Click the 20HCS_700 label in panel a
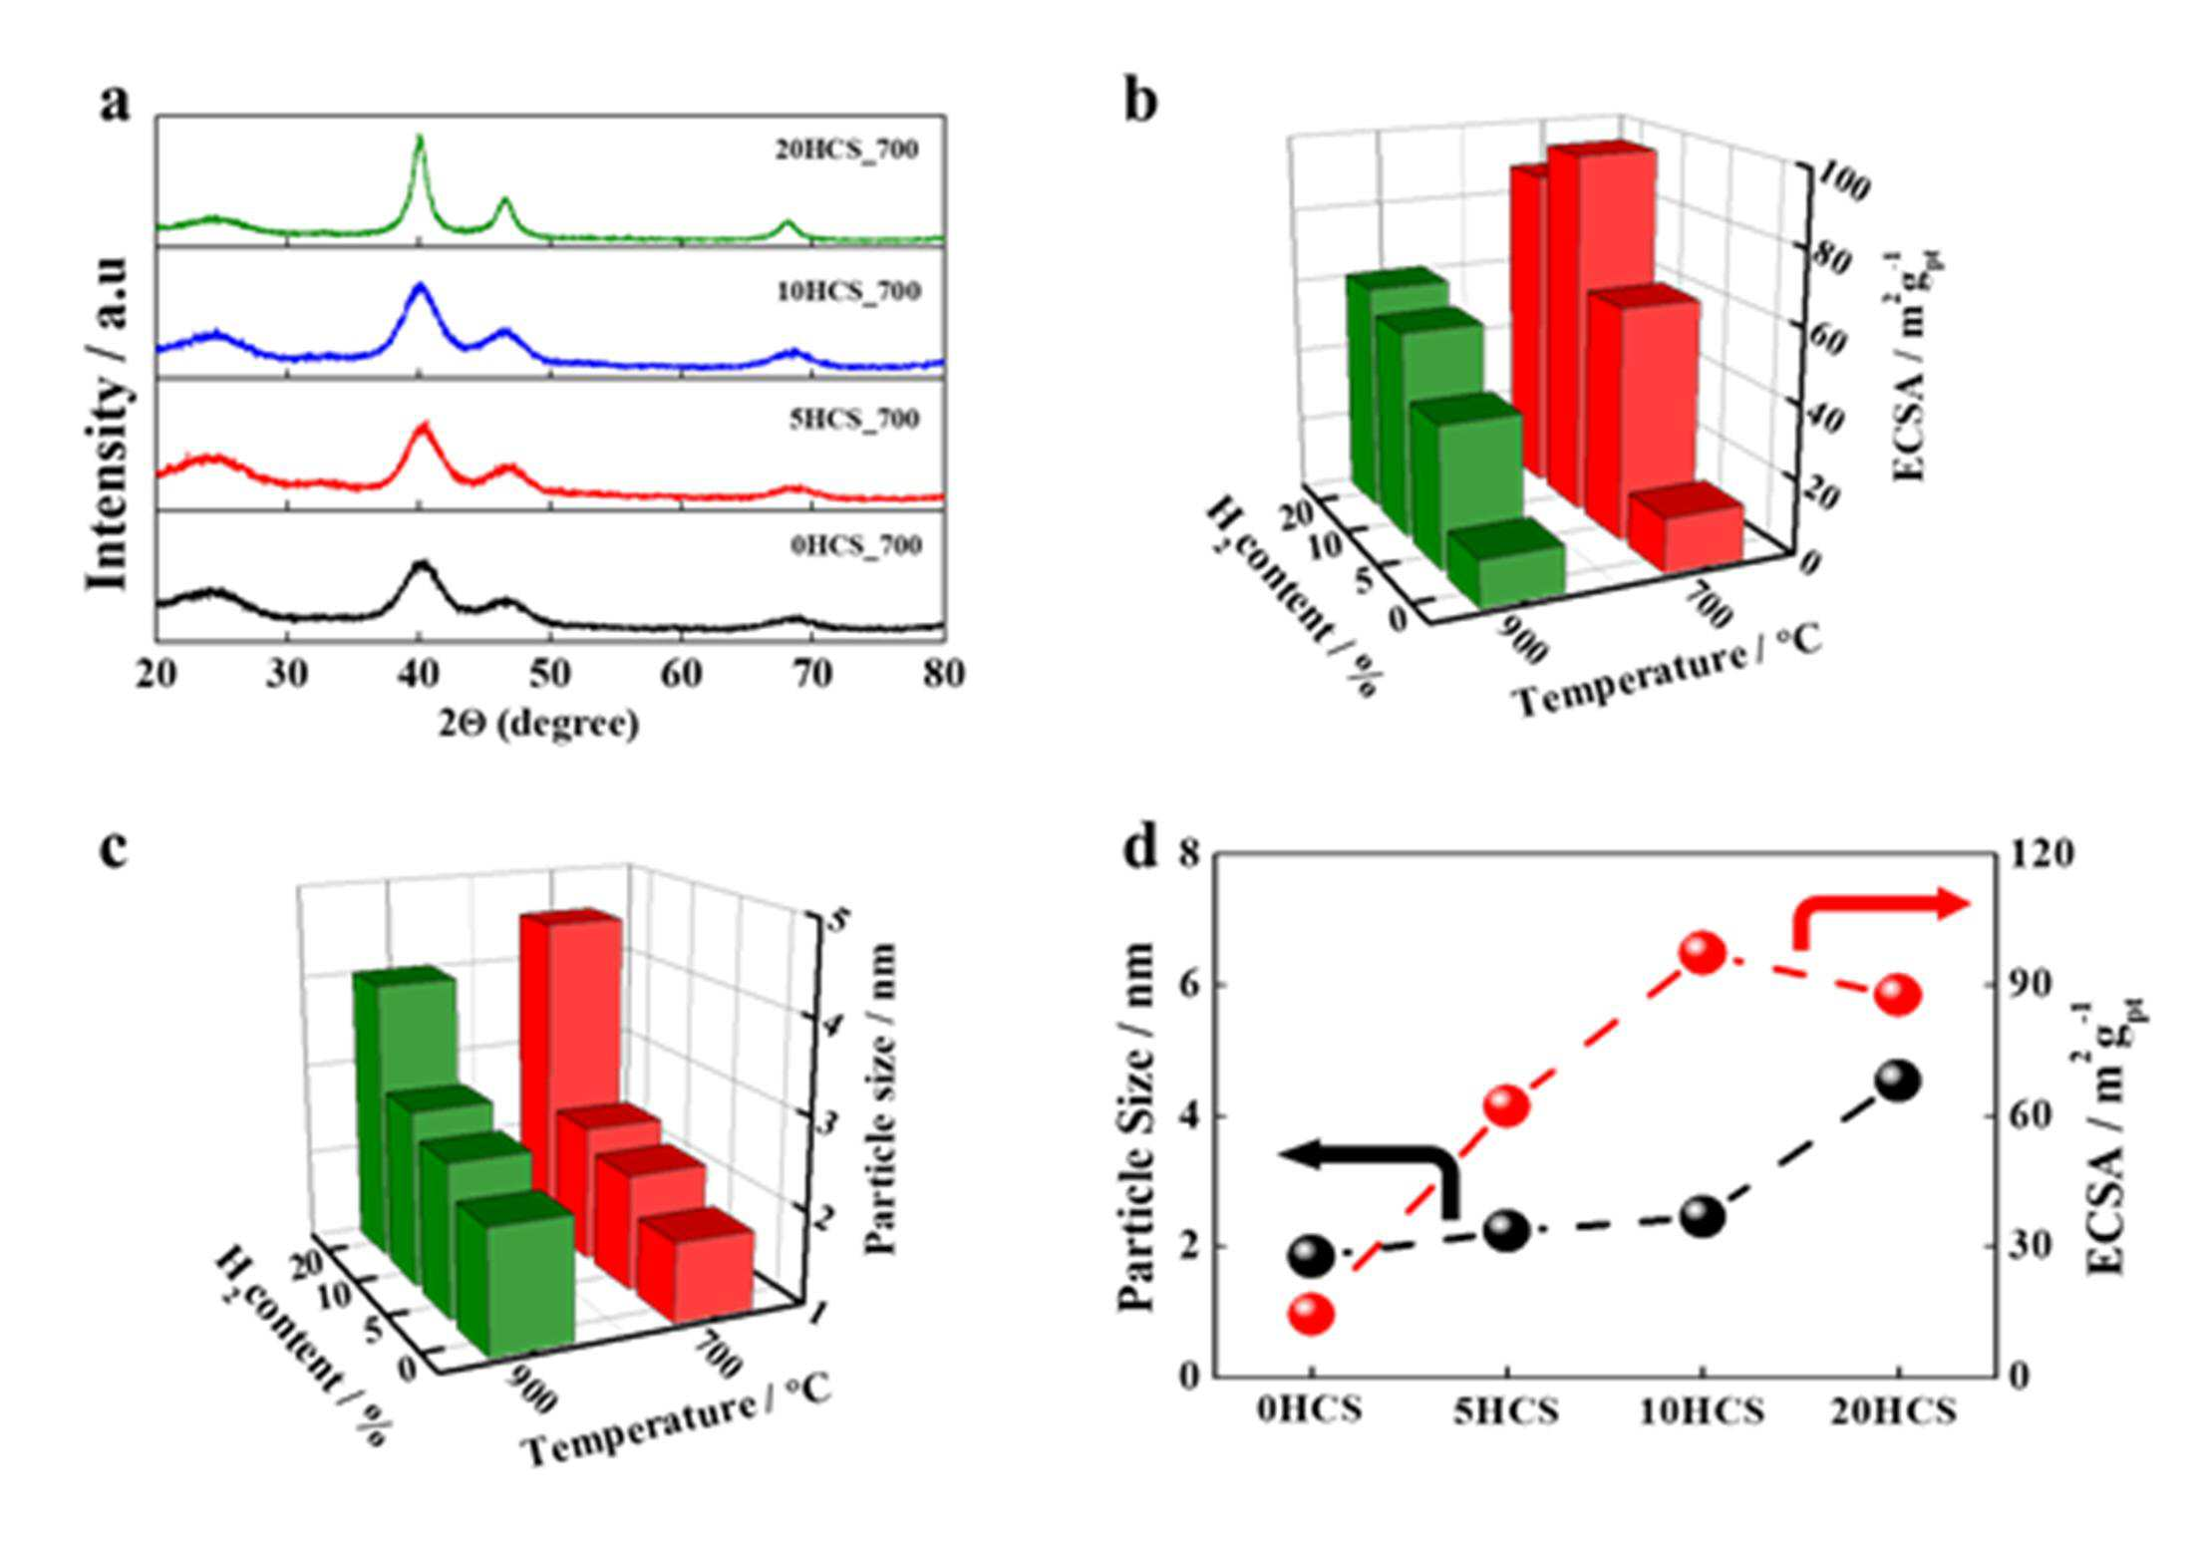847,151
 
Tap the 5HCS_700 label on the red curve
854,419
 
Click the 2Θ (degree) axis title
538,724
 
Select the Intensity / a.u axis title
109,424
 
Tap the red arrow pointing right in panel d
1879,916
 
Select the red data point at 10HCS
1701,953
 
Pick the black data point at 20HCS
1897,1082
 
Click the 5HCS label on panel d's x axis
1505,1411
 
